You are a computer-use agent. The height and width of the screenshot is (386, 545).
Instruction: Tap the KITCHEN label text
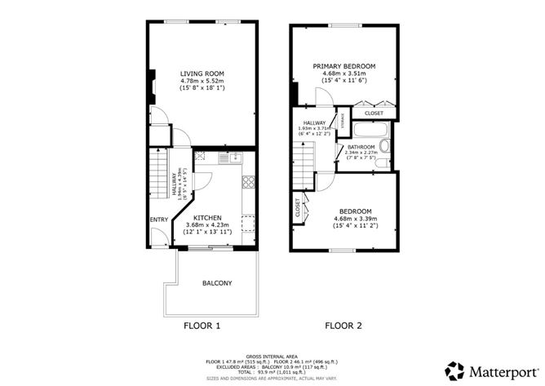tap(207, 216)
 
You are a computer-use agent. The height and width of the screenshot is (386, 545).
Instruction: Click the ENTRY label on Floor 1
tap(158, 220)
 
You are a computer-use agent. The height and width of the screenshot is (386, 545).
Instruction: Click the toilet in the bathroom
tap(385, 146)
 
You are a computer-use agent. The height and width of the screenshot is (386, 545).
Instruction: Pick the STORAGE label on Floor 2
tap(342, 122)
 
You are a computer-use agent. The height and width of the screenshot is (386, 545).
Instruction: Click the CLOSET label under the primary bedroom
tap(374, 113)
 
